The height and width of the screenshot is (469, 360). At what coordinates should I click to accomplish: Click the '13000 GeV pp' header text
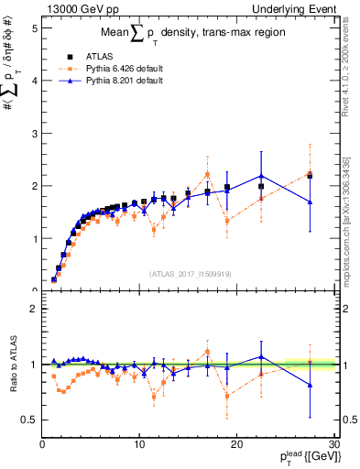pos(74,8)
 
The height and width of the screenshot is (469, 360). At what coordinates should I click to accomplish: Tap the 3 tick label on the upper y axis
pos(32,133)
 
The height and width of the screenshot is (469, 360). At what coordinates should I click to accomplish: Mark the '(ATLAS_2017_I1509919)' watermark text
pos(190,272)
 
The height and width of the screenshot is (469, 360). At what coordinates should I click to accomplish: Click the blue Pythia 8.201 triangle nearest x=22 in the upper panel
pos(261,176)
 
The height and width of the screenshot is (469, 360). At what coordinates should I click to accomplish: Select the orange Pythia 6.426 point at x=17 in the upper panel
pos(207,174)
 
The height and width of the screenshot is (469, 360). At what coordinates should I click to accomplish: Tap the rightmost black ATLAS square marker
pos(310,175)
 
